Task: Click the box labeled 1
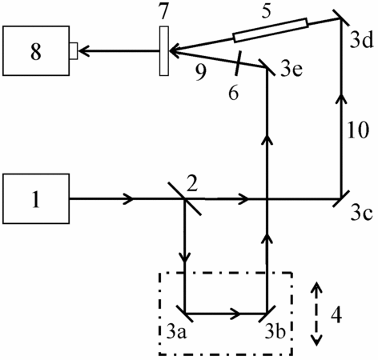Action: (36, 198)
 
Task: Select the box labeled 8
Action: (36, 50)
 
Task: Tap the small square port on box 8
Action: (74, 50)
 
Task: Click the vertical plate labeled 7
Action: (164, 50)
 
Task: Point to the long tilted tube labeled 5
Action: (271, 30)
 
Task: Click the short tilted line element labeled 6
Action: (237, 63)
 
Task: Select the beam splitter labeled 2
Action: (185, 198)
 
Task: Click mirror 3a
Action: (185, 313)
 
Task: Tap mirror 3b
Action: (267, 313)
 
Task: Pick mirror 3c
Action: (341, 198)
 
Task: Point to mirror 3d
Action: (341, 18)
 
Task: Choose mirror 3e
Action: (267, 67)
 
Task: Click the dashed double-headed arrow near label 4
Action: (316, 314)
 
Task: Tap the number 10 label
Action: (358, 130)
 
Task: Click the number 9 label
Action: (200, 73)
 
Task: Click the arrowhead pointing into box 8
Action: (83, 50)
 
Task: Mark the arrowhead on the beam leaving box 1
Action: (128, 198)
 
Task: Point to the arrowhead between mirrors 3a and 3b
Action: (235, 313)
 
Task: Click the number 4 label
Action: (336, 315)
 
